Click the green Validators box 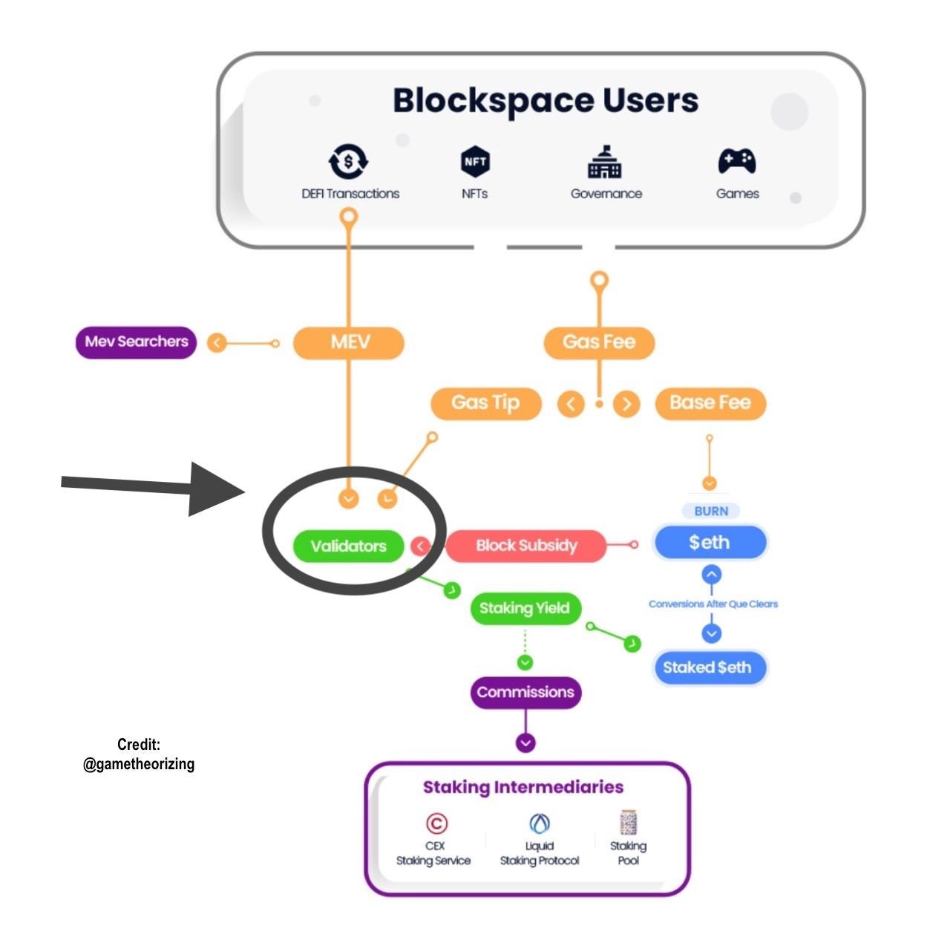[x=348, y=546]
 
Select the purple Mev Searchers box [x=136, y=342]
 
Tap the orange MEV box [x=349, y=342]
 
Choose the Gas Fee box [x=599, y=342]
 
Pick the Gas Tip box [x=485, y=403]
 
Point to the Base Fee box [x=710, y=403]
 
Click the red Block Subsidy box [x=526, y=546]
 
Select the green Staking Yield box [x=525, y=609]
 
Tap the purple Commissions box [x=525, y=693]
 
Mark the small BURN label [x=710, y=511]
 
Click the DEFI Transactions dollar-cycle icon [x=348, y=161]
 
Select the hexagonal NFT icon [x=475, y=161]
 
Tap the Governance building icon [x=605, y=161]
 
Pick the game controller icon [x=737, y=160]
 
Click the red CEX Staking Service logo [x=436, y=823]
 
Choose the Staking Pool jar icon [x=629, y=823]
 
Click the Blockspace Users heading [x=546, y=100]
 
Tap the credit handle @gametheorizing [x=139, y=764]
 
